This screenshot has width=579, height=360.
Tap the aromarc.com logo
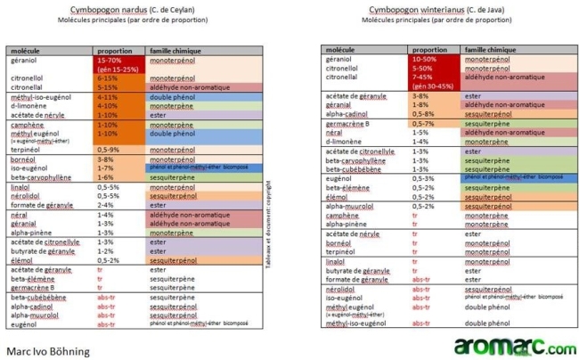[x=509, y=345]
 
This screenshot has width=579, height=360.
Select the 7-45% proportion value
[x=423, y=76]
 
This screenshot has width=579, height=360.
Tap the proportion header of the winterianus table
[x=429, y=50]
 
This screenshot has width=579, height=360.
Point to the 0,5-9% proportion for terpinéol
[x=107, y=149]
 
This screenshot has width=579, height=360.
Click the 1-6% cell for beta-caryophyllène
[x=105, y=176]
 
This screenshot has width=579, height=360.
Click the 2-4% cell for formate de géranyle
[x=104, y=204]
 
